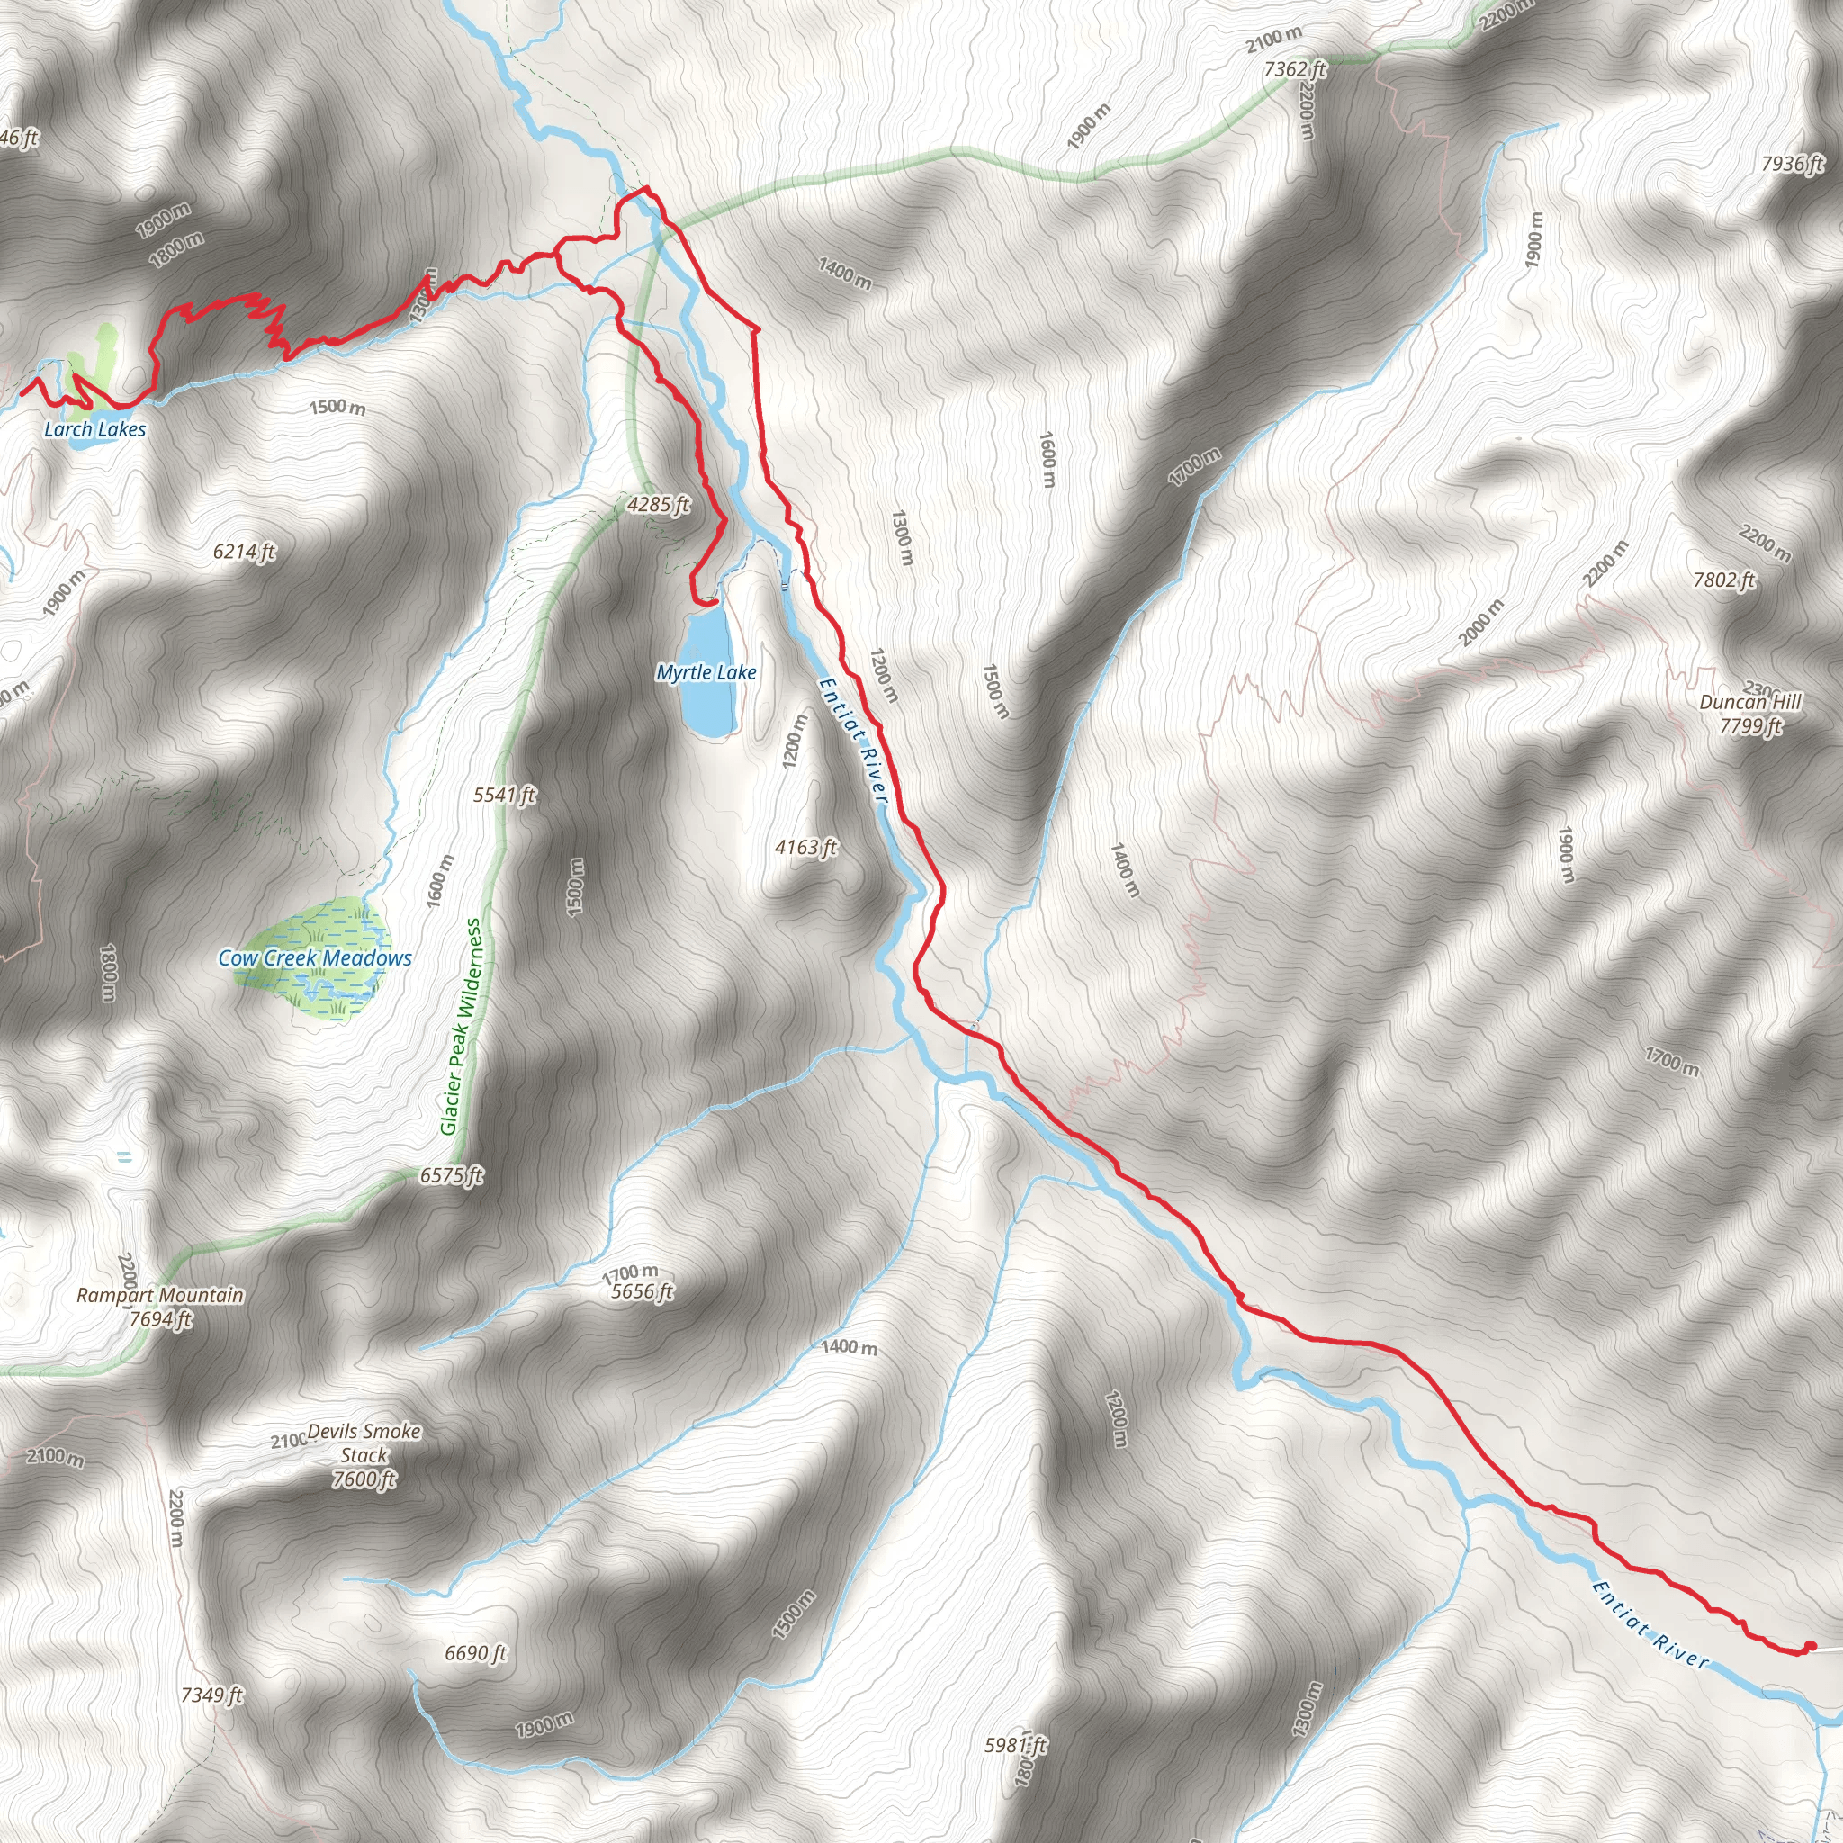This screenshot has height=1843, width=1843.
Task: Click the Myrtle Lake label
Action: (x=706, y=672)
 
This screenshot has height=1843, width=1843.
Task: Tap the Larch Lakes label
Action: (x=95, y=429)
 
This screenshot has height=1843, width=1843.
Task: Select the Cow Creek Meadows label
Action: (x=315, y=957)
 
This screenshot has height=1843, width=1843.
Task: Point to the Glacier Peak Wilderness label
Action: (x=462, y=1027)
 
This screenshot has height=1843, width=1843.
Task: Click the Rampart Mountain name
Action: (x=160, y=1294)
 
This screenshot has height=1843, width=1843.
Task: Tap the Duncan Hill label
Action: (x=1749, y=702)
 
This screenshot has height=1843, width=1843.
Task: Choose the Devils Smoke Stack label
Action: (x=364, y=1455)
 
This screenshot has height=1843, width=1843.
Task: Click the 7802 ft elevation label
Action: (x=1723, y=580)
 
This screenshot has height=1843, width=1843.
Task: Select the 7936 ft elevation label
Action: (x=1793, y=164)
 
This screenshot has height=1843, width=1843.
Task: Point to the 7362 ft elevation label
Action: (x=1294, y=68)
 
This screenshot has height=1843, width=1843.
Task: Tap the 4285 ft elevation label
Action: (x=658, y=504)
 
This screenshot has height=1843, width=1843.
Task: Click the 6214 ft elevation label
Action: (x=244, y=552)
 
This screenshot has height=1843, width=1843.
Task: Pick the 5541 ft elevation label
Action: (x=505, y=795)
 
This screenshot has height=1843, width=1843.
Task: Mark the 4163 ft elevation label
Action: (x=806, y=847)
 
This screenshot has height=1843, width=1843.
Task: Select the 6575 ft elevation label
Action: (x=451, y=1175)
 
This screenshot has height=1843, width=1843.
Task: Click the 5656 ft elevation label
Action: (x=642, y=1291)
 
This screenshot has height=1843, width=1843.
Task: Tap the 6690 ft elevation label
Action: (x=475, y=1652)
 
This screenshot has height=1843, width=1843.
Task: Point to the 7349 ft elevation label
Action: (x=211, y=1695)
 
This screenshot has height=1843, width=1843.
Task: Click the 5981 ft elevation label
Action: (x=1015, y=1745)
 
